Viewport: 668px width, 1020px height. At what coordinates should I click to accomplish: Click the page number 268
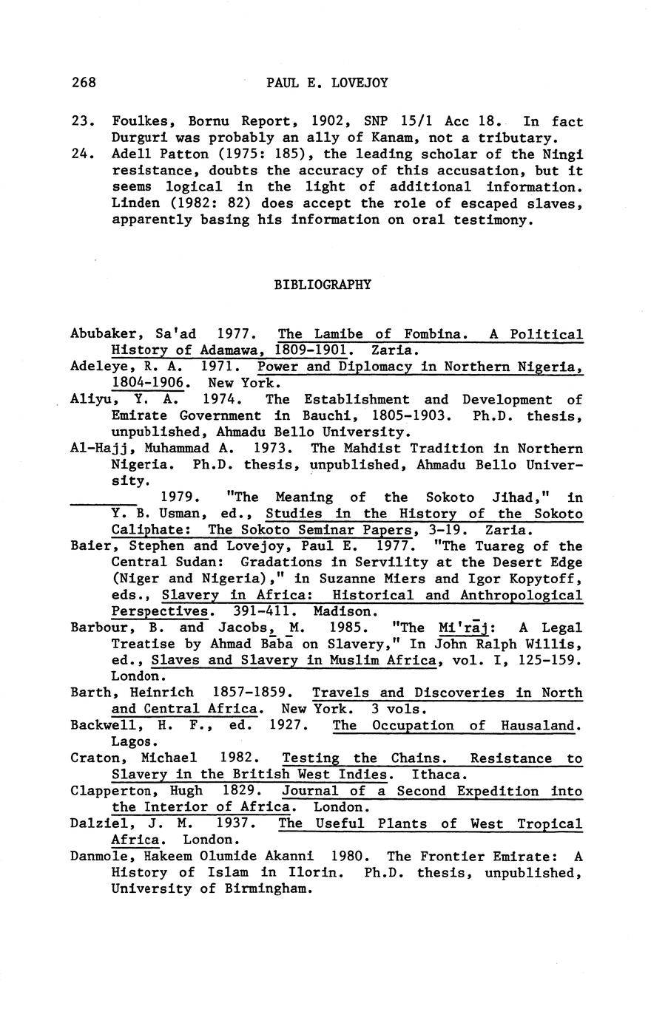(84, 82)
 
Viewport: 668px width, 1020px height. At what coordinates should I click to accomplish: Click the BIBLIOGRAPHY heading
(323, 284)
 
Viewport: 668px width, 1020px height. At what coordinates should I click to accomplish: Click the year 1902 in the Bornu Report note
(325, 121)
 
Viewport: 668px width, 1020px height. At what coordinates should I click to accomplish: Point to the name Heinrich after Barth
(161, 693)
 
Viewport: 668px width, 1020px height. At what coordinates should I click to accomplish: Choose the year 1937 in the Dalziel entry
(235, 823)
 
